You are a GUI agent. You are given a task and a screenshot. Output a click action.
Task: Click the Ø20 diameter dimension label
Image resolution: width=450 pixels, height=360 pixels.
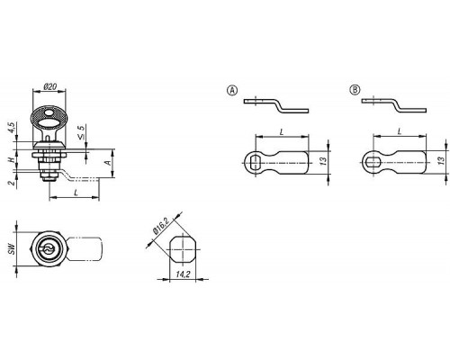(49, 86)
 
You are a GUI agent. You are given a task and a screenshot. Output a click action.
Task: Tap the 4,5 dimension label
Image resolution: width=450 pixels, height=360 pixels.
(11, 128)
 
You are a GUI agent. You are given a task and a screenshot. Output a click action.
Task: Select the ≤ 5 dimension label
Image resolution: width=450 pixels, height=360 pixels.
(81, 132)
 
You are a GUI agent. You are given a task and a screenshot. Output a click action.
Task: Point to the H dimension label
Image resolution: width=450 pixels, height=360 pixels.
(11, 159)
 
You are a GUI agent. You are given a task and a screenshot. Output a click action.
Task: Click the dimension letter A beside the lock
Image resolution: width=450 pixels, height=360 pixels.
(108, 163)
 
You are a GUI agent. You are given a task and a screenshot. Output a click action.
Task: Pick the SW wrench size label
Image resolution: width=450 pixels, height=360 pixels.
(12, 249)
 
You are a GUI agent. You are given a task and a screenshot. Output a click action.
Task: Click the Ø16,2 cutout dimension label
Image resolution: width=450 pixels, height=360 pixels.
(161, 226)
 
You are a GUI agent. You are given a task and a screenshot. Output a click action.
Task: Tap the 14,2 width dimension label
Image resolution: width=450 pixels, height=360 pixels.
(183, 274)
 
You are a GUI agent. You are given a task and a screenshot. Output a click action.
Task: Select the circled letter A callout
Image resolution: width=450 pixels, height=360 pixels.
(232, 90)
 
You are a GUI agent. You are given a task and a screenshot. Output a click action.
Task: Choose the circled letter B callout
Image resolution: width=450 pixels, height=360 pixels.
(355, 90)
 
